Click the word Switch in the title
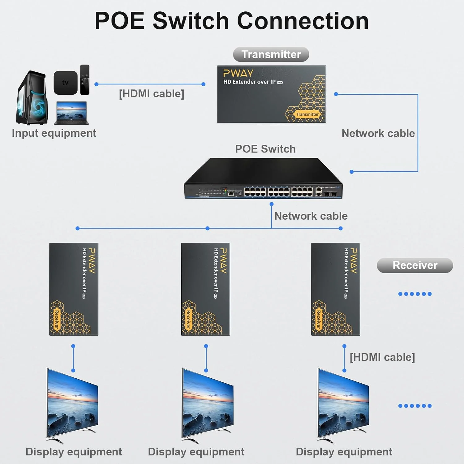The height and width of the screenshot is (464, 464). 191,21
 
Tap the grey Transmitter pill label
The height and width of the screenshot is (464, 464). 271,54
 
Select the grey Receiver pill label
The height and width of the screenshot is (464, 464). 415,265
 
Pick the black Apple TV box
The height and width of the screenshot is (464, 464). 65,83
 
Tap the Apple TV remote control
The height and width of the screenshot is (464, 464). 85,80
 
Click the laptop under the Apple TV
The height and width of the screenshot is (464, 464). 71,113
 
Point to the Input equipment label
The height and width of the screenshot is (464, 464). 54,133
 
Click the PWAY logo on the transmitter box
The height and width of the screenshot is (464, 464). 238,73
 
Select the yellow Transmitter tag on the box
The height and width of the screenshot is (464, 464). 307,114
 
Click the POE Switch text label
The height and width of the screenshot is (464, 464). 265,149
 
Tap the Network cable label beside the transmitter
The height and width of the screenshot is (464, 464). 378,133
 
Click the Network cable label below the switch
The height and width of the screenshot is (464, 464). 311,216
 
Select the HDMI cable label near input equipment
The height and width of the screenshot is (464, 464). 151,94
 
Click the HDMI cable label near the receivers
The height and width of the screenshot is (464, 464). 382,357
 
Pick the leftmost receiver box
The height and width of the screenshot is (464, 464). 74,289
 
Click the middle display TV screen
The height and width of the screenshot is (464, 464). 208,402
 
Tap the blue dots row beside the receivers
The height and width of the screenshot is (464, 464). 415,294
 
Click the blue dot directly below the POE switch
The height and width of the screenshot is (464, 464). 272,204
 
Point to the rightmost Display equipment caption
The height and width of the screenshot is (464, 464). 344,452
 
